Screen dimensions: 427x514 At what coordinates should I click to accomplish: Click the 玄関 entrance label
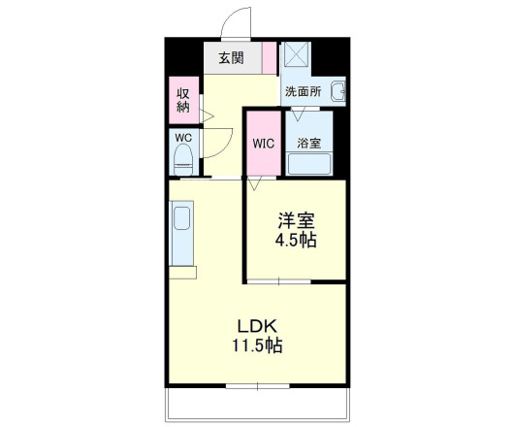(x=231, y=58)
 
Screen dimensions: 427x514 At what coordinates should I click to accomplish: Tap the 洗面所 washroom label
(x=303, y=92)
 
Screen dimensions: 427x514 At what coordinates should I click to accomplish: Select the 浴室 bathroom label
(x=310, y=144)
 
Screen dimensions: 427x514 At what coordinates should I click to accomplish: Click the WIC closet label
(x=264, y=144)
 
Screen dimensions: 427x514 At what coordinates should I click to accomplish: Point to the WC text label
(x=183, y=138)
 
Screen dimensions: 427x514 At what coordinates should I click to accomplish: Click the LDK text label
(x=256, y=325)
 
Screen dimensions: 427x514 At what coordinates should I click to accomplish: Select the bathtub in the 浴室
(x=310, y=163)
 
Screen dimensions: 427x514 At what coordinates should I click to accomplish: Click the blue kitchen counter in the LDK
(x=182, y=233)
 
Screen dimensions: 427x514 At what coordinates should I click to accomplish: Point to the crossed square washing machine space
(x=295, y=57)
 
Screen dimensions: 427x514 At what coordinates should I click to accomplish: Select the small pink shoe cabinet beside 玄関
(x=269, y=58)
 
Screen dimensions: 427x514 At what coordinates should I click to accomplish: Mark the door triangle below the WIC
(x=255, y=183)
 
